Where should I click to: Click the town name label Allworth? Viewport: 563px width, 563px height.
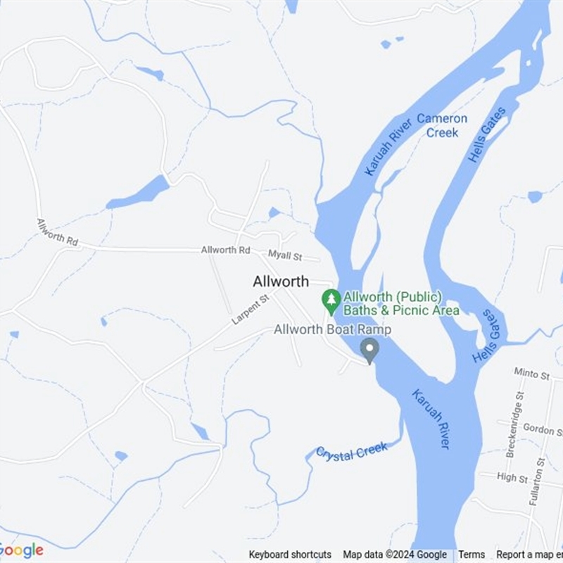tap(281, 281)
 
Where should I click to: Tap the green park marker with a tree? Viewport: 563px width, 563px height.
tap(331, 301)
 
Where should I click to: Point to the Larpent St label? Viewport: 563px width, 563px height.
tap(251, 310)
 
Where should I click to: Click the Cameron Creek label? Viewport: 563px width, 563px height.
tap(442, 125)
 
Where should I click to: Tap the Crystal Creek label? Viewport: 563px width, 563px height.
tap(351, 451)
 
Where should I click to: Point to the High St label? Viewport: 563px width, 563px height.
tap(512, 478)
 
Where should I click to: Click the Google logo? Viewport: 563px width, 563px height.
tap(21, 550)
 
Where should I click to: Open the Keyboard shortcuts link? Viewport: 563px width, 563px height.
tap(290, 555)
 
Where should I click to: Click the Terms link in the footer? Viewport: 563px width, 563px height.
tap(472, 555)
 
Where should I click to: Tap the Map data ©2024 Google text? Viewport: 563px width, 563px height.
tap(395, 555)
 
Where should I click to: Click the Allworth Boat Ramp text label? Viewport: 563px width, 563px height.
tap(332, 329)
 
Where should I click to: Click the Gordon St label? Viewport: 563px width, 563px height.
tap(541, 429)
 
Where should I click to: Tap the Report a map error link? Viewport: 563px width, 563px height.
tap(529, 555)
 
